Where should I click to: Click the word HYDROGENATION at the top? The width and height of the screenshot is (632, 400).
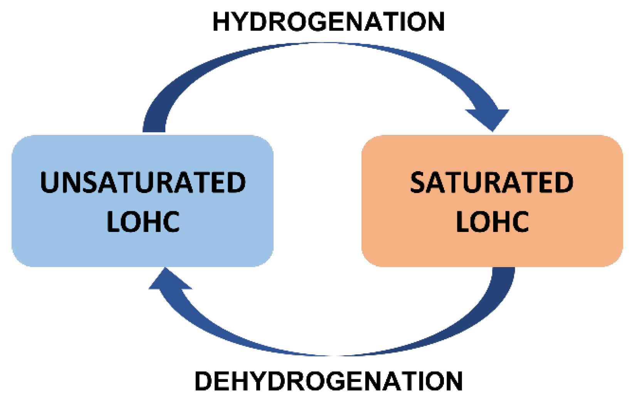tap(328, 22)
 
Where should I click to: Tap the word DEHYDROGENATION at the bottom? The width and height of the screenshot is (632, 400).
tap(328, 381)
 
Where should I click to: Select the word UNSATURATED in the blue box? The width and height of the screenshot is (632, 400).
tap(143, 182)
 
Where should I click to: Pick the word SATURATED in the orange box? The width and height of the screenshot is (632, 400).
tap(491, 182)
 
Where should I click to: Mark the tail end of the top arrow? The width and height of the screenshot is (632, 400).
tap(154, 127)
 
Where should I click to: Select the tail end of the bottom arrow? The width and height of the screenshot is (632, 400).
tap(503, 272)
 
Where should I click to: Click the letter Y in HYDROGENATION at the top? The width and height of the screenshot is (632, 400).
tap(242, 22)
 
